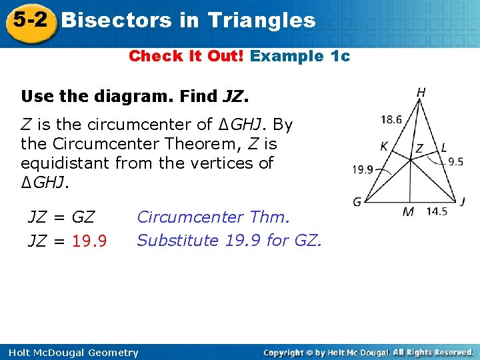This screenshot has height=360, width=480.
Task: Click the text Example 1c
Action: (300, 56)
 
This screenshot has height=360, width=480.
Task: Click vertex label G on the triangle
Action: (357, 201)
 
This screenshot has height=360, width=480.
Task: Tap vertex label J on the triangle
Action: (462, 201)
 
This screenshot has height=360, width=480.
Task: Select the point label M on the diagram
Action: (409, 212)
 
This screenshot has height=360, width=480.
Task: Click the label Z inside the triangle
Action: (419, 149)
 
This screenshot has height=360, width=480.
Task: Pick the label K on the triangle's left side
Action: (385, 146)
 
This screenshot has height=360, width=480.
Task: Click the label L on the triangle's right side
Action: (444, 148)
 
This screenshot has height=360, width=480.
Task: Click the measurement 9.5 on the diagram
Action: (455, 161)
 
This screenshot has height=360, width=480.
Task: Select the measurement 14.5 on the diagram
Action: (436, 211)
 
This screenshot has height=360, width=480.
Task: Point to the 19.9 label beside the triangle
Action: (363, 169)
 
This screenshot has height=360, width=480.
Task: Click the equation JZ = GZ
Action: (61, 217)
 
